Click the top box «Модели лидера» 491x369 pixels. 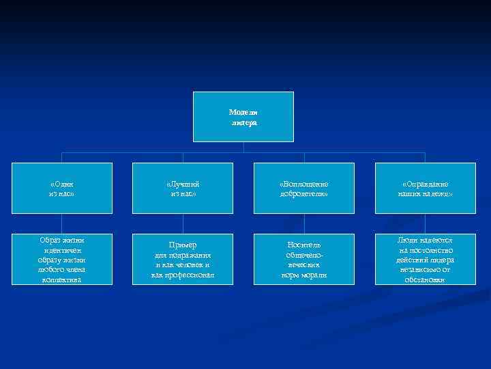tap(243, 117)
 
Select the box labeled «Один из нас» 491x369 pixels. tap(61, 188)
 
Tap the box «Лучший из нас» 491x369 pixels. tap(182, 188)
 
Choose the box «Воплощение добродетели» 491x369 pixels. tap(303, 188)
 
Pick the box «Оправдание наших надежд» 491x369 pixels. tap(425, 188)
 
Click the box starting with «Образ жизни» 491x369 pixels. tap(61, 260)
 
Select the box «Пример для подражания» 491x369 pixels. tap(182, 260)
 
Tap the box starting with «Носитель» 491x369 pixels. tap(303, 260)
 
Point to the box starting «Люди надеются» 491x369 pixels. tap(425, 260)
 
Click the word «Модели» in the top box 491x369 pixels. tap(243, 112)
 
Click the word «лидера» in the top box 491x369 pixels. tap(243, 122)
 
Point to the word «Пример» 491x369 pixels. tap(182, 245)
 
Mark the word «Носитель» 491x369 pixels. tap(303, 245)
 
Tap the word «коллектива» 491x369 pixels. tap(61, 279)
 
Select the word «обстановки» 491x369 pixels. tap(425, 279)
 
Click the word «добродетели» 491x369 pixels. tap(303, 194)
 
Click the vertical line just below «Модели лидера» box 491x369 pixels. tap(243, 147)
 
